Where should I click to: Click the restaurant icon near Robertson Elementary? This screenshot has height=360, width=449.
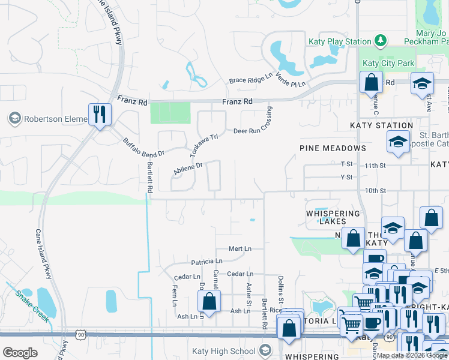100,115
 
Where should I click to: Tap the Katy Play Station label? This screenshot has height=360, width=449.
340,41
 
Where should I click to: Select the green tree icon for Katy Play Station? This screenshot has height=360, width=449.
380,40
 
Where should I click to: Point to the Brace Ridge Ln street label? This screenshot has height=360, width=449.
250,79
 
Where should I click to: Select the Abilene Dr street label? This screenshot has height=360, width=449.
188,167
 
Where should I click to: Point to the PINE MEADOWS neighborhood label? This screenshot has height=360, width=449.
333,148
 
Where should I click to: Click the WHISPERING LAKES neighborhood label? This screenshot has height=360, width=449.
333,217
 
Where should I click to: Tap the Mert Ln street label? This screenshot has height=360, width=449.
240,248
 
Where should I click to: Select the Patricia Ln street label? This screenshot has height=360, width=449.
206,262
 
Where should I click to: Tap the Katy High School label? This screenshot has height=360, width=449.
224,352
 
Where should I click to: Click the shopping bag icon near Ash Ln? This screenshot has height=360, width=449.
209,301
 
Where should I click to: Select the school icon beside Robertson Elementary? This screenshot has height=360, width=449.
14,119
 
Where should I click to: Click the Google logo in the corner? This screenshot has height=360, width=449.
20,353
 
